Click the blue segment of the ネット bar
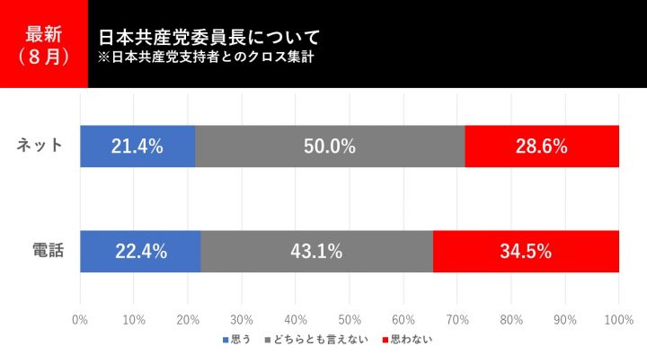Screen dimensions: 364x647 [x=137, y=146]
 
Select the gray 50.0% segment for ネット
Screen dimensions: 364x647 [x=330, y=146]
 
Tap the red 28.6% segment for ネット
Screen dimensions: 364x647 [x=542, y=146]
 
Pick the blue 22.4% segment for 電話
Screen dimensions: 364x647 [x=140, y=252]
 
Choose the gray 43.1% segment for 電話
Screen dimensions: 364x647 [x=316, y=252]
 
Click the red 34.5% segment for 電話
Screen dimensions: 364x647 [x=526, y=252]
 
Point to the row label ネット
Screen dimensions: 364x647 [x=40, y=146]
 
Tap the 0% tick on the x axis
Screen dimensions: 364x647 [x=80, y=319]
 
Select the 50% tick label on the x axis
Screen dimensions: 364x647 [x=350, y=319]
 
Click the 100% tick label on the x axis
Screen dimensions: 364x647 [x=619, y=319]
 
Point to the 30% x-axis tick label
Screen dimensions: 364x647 [x=242, y=319]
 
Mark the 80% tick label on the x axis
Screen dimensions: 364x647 [x=511, y=319]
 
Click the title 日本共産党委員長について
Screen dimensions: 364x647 [x=208, y=38]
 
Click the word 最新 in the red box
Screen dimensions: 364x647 [x=43, y=35]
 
